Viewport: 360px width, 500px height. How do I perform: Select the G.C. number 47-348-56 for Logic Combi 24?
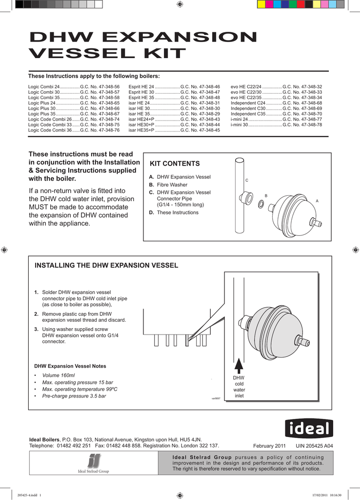[100, 86]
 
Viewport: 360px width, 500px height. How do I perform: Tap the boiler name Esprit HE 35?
[141, 97]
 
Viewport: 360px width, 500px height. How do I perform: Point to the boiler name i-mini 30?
[239, 125]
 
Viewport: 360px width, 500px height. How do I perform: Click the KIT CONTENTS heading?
[174, 164]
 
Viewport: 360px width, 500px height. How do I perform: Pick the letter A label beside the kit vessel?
[317, 201]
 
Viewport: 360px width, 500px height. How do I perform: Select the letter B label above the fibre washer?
[266, 196]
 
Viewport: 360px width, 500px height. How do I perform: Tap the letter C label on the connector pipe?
[247, 181]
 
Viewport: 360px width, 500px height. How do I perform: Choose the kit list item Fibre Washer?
[172, 185]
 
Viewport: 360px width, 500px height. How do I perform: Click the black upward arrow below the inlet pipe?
[239, 366]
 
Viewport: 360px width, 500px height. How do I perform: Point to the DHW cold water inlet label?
[239, 387]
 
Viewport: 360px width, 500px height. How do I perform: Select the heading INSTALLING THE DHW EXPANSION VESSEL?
[106, 266]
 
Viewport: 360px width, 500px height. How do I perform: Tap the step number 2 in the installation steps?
[36, 314]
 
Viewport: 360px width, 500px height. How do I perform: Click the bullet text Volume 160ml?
[59, 375]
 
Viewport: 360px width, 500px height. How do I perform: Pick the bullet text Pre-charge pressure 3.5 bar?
[74, 396]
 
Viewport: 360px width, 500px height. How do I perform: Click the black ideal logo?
[309, 429]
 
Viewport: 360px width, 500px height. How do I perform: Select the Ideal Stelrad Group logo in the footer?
[94, 463]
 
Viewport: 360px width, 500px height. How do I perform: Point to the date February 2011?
[269, 446]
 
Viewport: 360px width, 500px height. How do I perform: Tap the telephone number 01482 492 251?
[74, 446]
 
